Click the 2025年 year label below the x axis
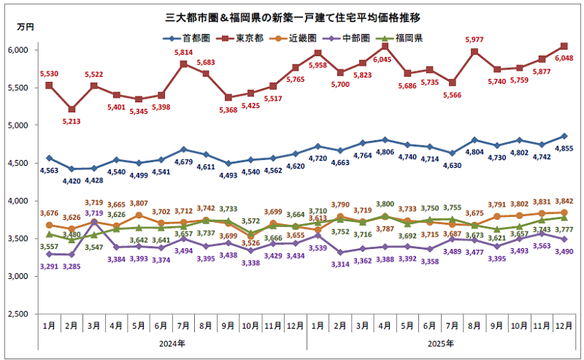point(437,343)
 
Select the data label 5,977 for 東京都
point(474,39)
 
